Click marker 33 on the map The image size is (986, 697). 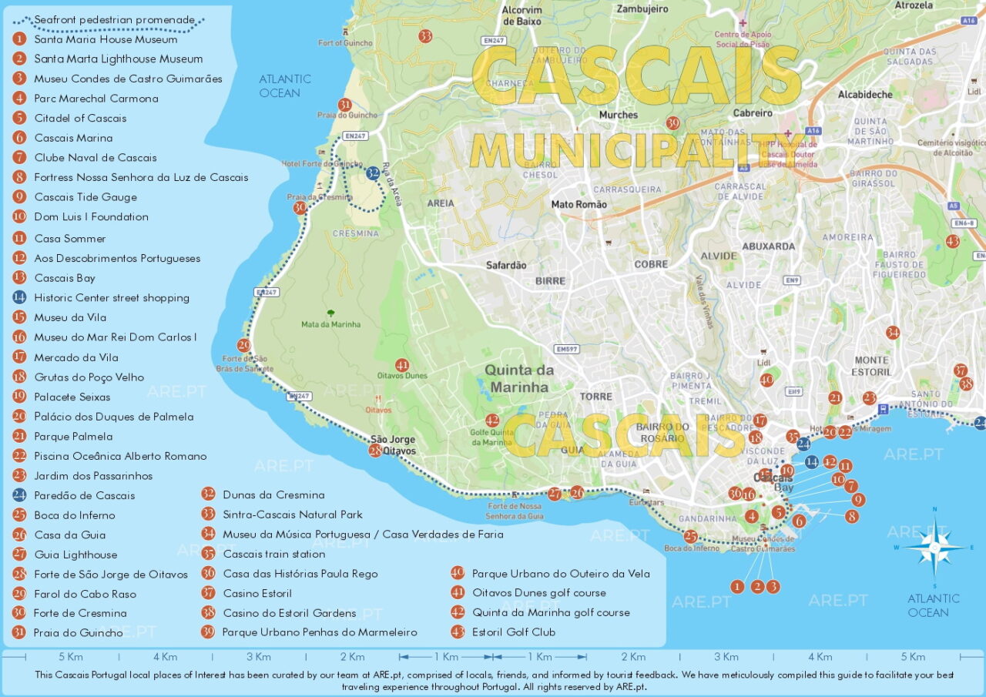[x=425, y=36]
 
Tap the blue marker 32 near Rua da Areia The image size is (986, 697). [x=374, y=173]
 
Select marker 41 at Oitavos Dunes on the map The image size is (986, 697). [x=401, y=365]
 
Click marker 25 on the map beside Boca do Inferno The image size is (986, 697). [x=690, y=537]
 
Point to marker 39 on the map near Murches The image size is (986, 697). [x=672, y=123]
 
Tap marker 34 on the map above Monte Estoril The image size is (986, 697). [x=892, y=333]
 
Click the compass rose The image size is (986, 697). [x=934, y=548]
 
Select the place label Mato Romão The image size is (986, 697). [x=579, y=205]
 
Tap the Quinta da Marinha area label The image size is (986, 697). [x=518, y=378]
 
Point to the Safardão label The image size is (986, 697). [x=506, y=265]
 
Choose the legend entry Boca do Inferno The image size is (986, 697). [x=75, y=515]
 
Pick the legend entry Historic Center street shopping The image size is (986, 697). [x=112, y=298]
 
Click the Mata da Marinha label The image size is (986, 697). [x=330, y=324]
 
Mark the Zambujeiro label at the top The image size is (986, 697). [x=642, y=9]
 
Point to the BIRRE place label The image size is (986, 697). [x=550, y=281]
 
